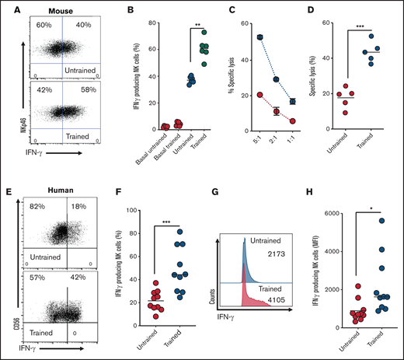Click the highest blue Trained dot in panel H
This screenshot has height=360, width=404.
point(381,221)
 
